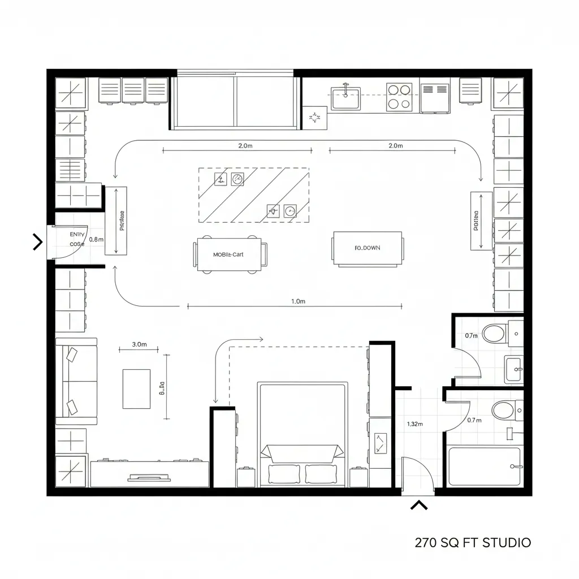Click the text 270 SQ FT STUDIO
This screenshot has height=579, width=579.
pyautogui.click(x=473, y=543)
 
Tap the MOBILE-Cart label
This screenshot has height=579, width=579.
pyautogui.click(x=228, y=254)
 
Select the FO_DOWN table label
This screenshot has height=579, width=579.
pyautogui.click(x=367, y=248)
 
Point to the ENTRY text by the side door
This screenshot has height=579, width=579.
pyautogui.click(x=77, y=234)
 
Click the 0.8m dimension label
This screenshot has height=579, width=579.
pyautogui.click(x=97, y=240)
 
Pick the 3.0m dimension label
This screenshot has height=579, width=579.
pyautogui.click(x=139, y=344)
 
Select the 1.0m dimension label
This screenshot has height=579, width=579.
pyautogui.click(x=298, y=301)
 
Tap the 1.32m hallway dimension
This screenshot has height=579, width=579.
pyautogui.click(x=415, y=424)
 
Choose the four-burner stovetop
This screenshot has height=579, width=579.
pyautogui.click(x=399, y=96)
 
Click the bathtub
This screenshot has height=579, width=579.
pyautogui.click(x=484, y=466)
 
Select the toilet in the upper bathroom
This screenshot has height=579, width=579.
pyautogui.click(x=496, y=333)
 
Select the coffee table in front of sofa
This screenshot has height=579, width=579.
pyautogui.click(x=137, y=389)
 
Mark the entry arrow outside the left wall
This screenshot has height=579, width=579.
pyautogui.click(x=37, y=242)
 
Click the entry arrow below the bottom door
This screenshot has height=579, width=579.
pyautogui.click(x=418, y=505)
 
